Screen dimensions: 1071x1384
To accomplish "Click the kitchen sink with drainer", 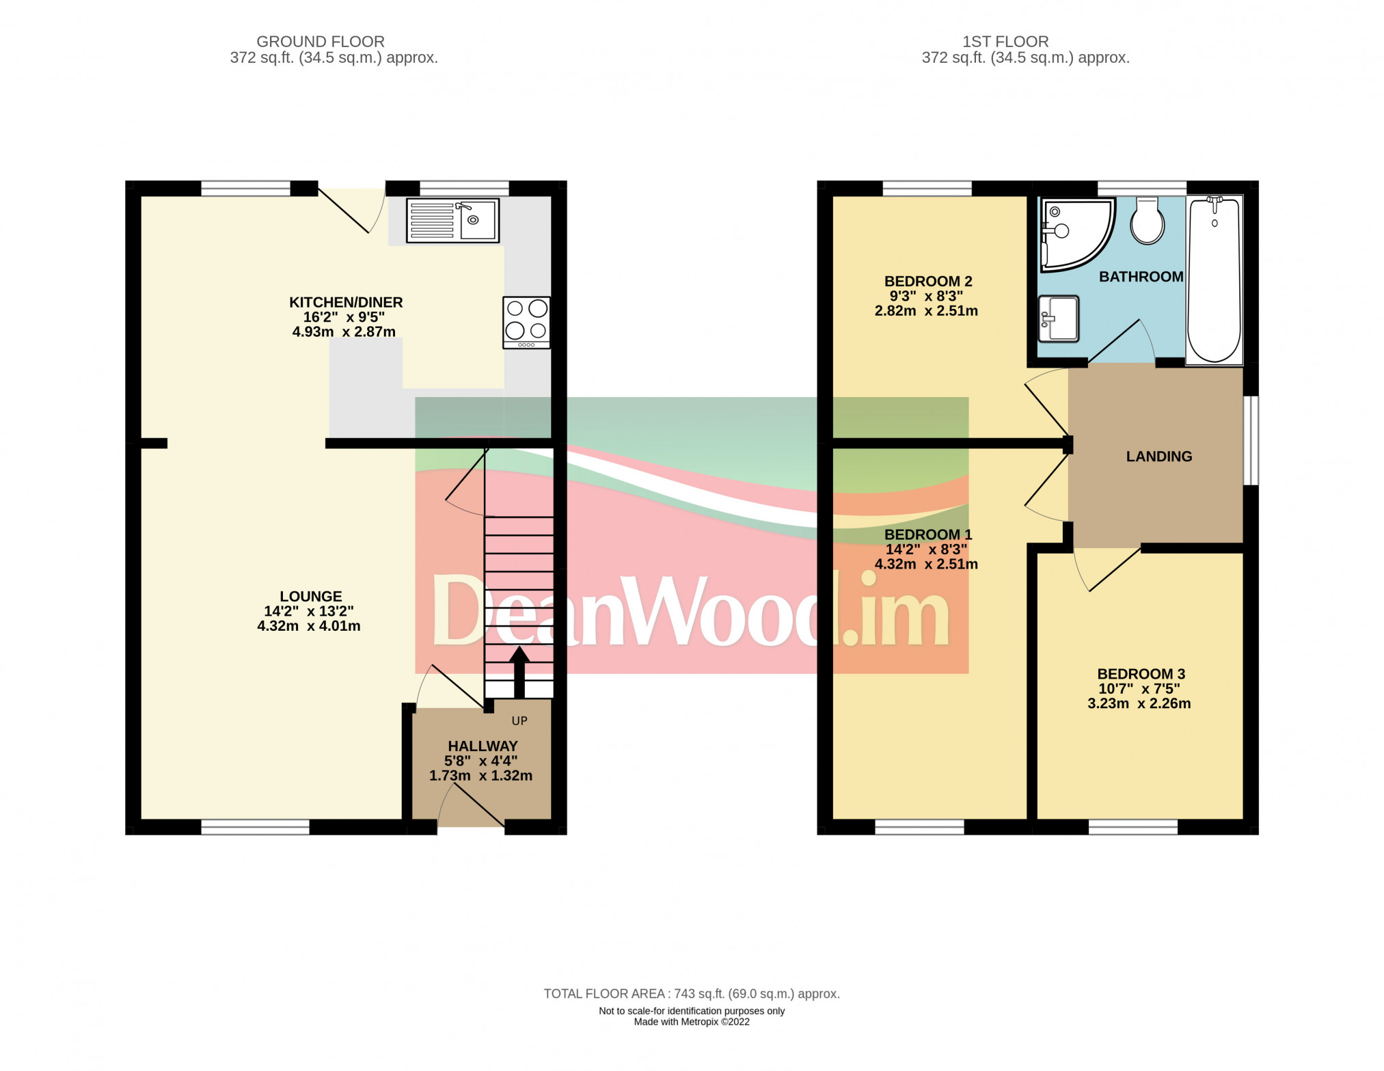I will [x=452, y=220].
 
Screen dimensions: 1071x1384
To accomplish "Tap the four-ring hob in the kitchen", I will [x=526, y=322].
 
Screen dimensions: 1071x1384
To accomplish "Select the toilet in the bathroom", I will [x=1148, y=221].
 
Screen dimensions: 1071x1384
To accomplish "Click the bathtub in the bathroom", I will [x=1215, y=280].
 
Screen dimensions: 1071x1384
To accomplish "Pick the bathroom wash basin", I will [x=1058, y=318].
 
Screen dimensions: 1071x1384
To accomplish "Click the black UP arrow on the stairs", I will [x=519, y=671].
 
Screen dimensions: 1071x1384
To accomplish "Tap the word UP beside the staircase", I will [x=519, y=720].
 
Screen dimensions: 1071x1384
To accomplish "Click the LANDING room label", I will [x=1158, y=457].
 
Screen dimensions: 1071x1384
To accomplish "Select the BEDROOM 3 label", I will [x=1141, y=674].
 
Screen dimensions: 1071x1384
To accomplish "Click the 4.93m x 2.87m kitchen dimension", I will [x=344, y=332].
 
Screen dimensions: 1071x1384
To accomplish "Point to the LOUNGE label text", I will [x=310, y=596].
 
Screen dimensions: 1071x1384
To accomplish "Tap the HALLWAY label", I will [x=483, y=746].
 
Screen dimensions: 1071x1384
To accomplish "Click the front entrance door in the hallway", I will [x=472, y=806].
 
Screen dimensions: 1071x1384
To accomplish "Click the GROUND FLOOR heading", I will [x=320, y=42].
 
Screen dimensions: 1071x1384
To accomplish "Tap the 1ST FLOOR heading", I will [x=1005, y=42].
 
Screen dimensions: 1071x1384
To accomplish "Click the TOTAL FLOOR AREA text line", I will [x=691, y=994].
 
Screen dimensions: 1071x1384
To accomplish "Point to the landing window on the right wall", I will [x=1250, y=440].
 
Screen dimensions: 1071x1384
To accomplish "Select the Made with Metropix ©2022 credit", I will [x=691, y=1022].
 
